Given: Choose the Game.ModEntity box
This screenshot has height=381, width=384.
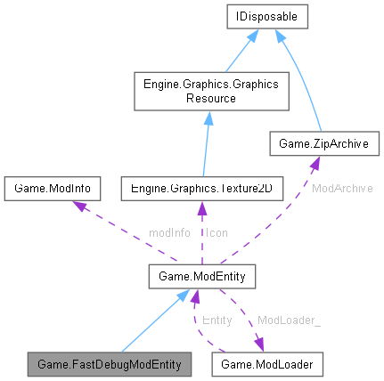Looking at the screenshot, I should click(x=203, y=279).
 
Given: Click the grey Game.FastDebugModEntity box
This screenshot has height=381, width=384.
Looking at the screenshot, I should click(x=110, y=363).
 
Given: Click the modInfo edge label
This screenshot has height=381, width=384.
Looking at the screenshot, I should click(x=169, y=233).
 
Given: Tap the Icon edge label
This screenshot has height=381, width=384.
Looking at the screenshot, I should click(x=217, y=233).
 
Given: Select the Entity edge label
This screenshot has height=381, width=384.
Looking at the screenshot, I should click(x=217, y=319).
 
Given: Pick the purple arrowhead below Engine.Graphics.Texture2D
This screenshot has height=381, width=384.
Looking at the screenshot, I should click(x=202, y=208).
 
